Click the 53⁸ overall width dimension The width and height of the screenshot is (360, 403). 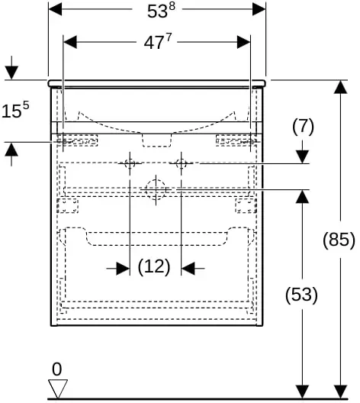(x=161, y=11)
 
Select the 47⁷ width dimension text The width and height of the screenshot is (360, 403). (x=157, y=42)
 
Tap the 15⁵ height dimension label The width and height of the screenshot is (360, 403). (x=15, y=110)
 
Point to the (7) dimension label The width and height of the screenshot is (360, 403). (x=303, y=126)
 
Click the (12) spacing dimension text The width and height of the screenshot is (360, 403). (x=154, y=266)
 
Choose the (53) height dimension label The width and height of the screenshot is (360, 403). (x=301, y=295)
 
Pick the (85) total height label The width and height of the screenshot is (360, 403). (x=339, y=240)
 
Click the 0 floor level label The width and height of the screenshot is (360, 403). (x=56, y=369)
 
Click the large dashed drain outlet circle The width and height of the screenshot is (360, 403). (x=156, y=190)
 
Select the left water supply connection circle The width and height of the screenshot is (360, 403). (x=130, y=163)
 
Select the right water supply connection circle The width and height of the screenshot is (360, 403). (x=181, y=163)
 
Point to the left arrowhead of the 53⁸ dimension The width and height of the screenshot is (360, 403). (x=55, y=9)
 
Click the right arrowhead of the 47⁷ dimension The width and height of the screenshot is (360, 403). (x=243, y=42)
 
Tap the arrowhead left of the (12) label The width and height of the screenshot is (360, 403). (x=123, y=269)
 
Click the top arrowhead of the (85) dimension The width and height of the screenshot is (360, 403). (x=340, y=87)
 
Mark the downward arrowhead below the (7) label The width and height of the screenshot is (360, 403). (x=302, y=156)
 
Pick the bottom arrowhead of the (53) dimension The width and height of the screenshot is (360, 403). (x=302, y=392)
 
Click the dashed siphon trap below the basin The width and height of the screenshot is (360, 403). (x=157, y=140)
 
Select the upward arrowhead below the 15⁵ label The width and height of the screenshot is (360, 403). (x=11, y=150)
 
